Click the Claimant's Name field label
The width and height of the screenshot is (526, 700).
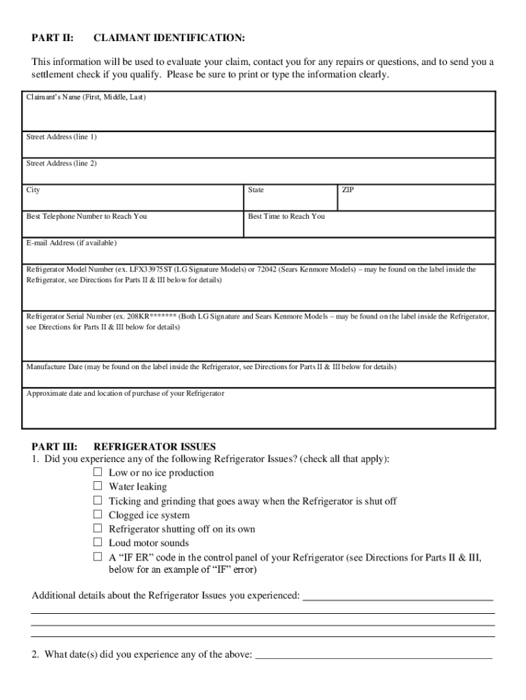click(x=86, y=98)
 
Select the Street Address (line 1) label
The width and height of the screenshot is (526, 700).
click(x=61, y=137)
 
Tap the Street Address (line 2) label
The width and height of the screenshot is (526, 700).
click(x=61, y=164)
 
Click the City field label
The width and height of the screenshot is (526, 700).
click(x=33, y=190)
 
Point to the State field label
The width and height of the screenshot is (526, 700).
click(x=256, y=190)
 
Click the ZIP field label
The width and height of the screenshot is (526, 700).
click(x=348, y=190)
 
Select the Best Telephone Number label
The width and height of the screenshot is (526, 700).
click(x=87, y=217)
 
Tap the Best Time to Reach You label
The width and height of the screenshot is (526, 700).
click(x=286, y=217)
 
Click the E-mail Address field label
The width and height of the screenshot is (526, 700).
click(x=72, y=243)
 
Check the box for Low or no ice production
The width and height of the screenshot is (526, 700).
click(x=98, y=472)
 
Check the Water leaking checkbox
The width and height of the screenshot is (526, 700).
click(x=98, y=487)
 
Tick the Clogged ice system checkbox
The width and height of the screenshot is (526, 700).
click(x=98, y=515)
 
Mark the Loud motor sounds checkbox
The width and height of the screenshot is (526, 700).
click(x=98, y=543)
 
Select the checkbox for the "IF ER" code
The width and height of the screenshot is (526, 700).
click(x=98, y=557)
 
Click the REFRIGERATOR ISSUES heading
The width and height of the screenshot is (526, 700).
click(x=154, y=447)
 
